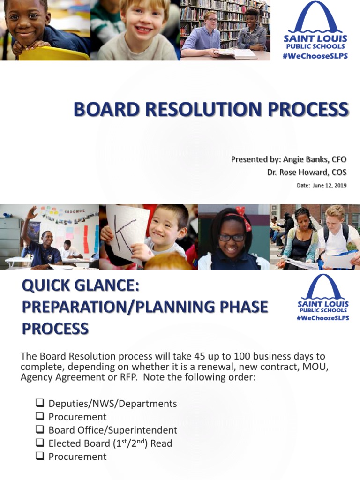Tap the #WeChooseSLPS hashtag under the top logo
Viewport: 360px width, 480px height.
(x=315, y=56)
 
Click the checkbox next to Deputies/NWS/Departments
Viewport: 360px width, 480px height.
(x=40, y=403)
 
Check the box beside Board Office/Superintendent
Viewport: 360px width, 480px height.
(x=40, y=430)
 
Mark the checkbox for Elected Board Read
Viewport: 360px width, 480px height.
(x=40, y=443)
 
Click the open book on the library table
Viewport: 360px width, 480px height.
(x=237, y=53)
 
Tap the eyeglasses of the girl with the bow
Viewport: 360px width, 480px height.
(x=232, y=237)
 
